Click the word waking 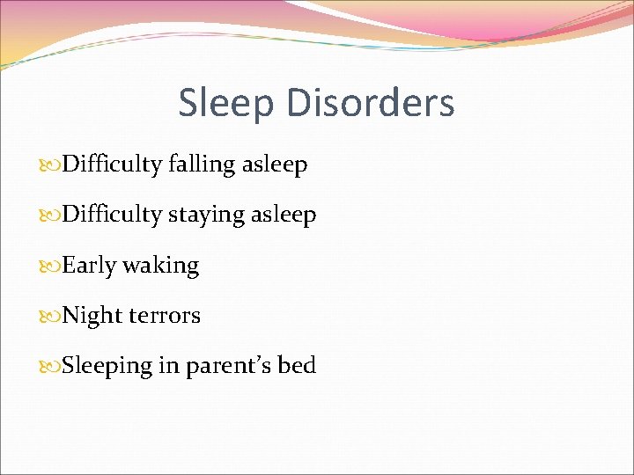161,266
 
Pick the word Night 92,316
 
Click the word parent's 227,366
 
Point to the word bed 297,365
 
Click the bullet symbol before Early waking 52,266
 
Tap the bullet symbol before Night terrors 52,316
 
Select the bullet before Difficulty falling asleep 52,164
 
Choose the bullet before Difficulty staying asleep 52,215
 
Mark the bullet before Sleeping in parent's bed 52,366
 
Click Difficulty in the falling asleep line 112,164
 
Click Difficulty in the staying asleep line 112,215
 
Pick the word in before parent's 169,365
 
